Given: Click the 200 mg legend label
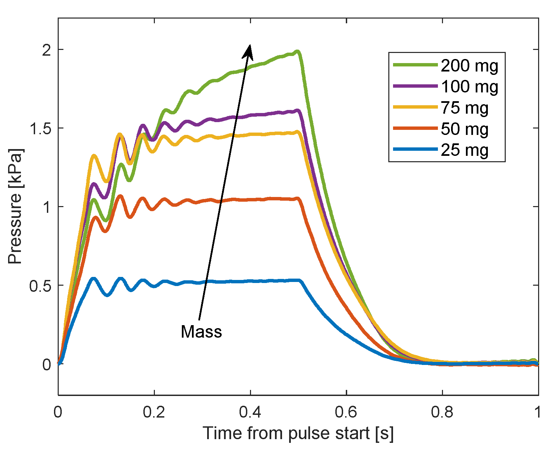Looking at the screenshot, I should point(469,65).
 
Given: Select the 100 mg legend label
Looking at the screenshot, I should point(469,87).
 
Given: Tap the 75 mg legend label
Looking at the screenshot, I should point(465,108).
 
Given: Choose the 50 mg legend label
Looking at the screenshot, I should point(465,129).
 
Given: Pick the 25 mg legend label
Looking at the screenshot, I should point(465,150).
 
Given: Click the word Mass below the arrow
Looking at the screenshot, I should point(201,332).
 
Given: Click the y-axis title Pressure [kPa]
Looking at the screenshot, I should point(15,206).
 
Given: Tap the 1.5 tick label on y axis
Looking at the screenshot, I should point(40,128).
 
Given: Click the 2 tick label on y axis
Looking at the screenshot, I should point(47,50).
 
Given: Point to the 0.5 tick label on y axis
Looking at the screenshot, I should point(40,285).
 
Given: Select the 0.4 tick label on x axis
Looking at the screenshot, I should point(250,412).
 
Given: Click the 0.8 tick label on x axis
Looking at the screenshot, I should point(442,412).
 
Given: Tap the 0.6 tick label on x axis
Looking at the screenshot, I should point(346,412).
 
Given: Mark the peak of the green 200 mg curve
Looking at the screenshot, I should point(297,52).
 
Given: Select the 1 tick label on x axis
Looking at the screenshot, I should point(538,412).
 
